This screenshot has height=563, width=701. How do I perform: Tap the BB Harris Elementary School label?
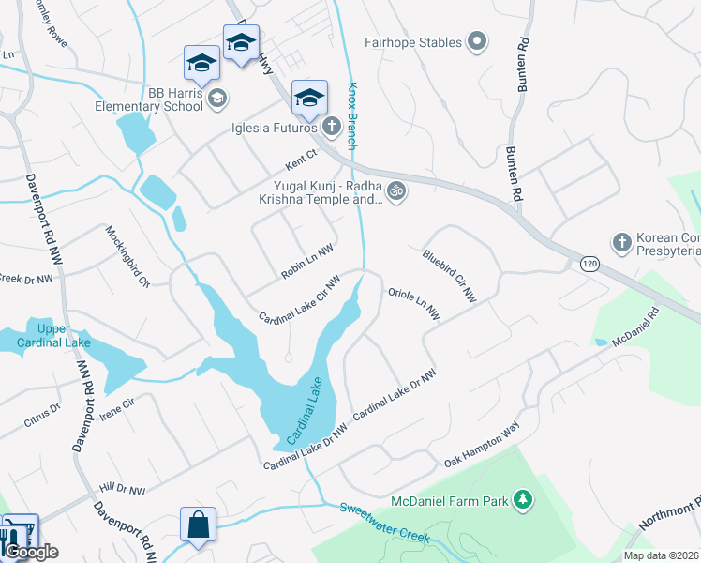(x=149, y=99)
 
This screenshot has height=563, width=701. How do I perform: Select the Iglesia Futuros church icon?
(x=332, y=128)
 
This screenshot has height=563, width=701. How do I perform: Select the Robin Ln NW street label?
(x=307, y=263)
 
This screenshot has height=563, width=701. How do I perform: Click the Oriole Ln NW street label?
(x=414, y=305)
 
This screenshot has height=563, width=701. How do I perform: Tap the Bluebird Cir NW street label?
(x=449, y=276)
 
